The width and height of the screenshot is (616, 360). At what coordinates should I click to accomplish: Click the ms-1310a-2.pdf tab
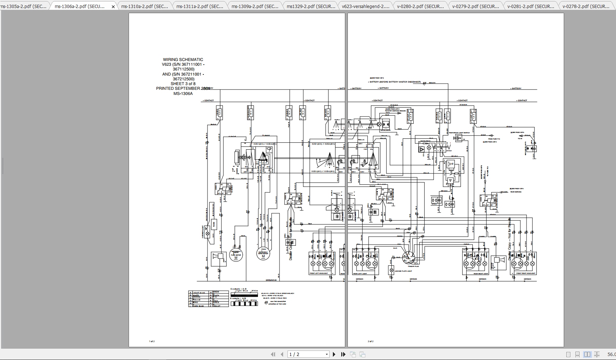144,6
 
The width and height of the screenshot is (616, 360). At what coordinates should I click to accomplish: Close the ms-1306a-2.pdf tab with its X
113,7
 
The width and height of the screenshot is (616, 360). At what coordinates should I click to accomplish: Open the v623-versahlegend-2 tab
365,6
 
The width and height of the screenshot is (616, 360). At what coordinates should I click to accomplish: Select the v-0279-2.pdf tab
475,6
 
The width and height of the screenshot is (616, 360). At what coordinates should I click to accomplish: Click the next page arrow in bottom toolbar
334,354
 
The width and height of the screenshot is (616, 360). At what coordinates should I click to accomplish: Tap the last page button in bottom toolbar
343,354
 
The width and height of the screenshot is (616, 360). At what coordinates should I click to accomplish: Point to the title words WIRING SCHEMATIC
183,60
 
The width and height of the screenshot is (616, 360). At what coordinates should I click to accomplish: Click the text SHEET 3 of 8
183,84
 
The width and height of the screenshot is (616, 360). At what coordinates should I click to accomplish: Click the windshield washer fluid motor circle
236,255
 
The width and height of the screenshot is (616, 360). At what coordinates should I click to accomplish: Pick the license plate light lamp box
391,270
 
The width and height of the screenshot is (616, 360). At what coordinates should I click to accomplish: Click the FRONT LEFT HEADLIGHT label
319,273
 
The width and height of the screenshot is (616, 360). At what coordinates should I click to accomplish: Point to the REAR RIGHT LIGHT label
481,273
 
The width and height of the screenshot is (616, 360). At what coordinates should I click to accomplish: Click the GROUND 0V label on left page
271,280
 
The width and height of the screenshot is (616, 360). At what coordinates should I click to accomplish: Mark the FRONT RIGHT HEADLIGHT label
526,273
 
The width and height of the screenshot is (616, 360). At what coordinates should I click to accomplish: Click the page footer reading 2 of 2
370,341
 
